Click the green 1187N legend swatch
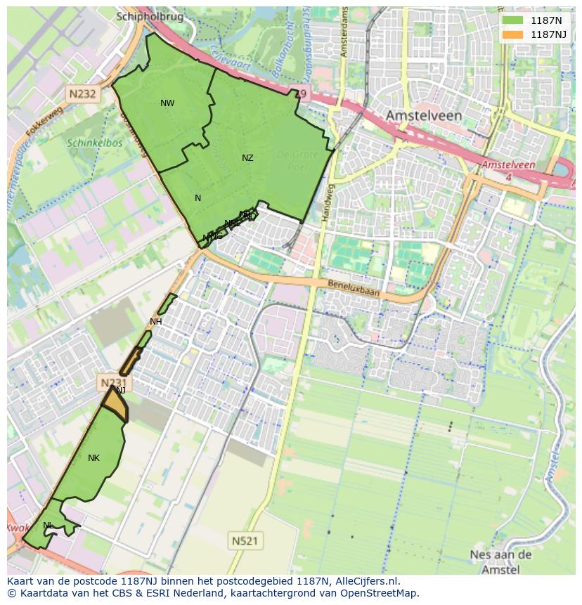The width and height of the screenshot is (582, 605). [512, 20]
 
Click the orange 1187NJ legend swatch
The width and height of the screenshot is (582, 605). [512, 34]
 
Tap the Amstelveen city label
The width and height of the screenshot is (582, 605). [423, 115]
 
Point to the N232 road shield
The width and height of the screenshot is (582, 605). [82, 92]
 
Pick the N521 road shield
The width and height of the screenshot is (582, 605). [244, 540]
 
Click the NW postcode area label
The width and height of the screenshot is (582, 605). [167, 103]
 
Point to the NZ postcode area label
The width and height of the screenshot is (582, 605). [247, 158]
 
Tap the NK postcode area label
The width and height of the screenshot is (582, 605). [93, 458]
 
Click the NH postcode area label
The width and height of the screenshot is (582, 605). [156, 322]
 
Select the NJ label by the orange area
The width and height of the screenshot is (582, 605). [120, 390]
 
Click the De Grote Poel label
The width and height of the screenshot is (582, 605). [297, 161]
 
